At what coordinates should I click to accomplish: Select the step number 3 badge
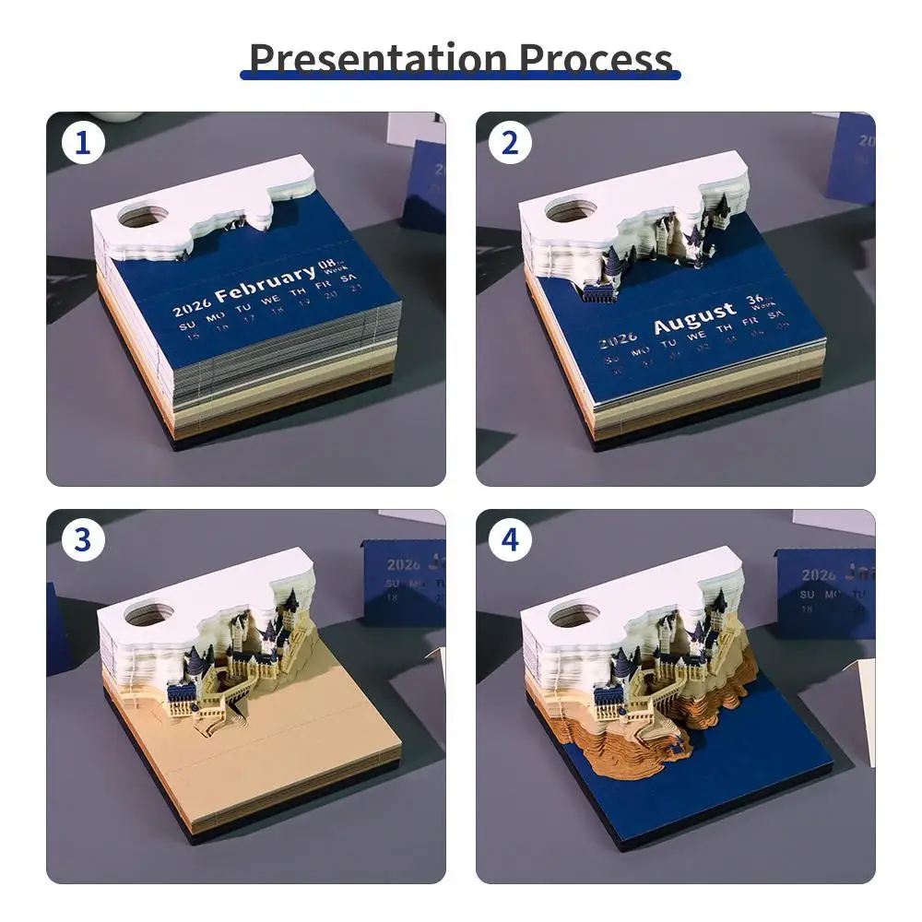(x=83, y=540)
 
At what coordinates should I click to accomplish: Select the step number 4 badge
(x=510, y=540)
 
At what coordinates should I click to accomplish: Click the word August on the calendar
(x=694, y=319)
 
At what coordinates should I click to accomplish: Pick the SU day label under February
(x=187, y=325)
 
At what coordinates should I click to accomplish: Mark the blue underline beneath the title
(x=460, y=75)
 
